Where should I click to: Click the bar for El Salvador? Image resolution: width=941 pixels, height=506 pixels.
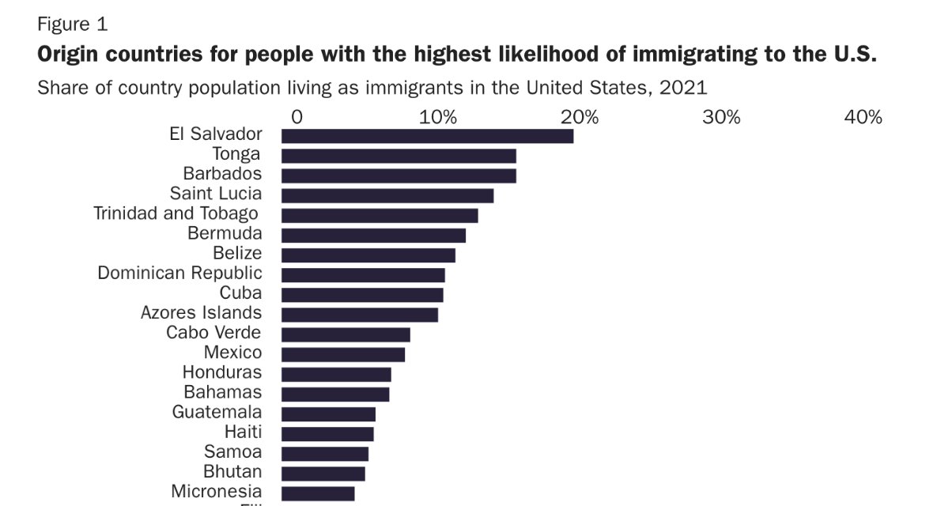pos(427,136)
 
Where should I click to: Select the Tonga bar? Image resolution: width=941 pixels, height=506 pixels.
pos(399,156)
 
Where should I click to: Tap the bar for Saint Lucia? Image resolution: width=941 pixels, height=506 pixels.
pos(387,195)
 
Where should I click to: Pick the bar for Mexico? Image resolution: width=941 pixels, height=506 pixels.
pos(343,354)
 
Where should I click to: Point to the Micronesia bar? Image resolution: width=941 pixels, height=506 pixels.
pos(318,493)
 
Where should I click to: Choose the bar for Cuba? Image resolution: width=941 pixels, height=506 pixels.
pos(362,295)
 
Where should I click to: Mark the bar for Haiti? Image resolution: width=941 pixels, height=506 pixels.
pos(327,433)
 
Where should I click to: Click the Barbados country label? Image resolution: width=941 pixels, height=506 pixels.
pos(222,173)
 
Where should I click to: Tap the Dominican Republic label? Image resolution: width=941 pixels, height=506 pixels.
pos(180,273)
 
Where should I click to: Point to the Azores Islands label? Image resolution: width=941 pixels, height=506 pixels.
pos(201,312)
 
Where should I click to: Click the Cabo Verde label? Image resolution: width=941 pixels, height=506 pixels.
pos(214,333)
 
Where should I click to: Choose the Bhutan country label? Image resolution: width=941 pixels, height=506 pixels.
pos(232,472)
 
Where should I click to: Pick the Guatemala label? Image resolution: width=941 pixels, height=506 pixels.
pos(217,412)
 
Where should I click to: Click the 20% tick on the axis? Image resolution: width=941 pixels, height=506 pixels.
pos(580,118)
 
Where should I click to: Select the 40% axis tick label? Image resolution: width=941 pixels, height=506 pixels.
pos(863,118)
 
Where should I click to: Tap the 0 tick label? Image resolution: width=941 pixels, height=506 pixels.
pos(297,118)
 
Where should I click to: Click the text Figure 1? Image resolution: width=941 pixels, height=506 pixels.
pos(72,25)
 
